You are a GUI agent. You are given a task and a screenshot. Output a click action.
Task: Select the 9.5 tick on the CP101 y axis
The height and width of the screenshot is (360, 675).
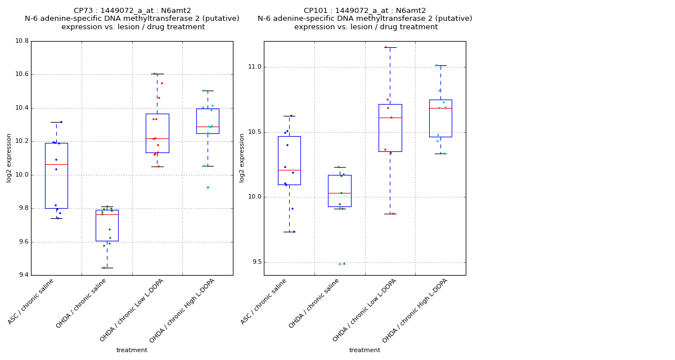(x=256, y=262)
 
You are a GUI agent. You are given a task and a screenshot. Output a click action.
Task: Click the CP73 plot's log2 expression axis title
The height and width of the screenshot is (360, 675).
(x=9, y=158)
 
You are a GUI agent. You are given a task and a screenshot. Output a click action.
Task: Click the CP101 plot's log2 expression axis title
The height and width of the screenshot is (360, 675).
(x=242, y=158)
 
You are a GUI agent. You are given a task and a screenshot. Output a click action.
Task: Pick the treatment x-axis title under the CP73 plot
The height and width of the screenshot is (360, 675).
(x=132, y=350)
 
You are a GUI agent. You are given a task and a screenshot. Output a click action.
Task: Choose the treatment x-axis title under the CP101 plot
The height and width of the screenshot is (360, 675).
(x=364, y=350)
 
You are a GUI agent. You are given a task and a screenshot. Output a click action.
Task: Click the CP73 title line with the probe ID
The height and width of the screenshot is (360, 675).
(x=132, y=11)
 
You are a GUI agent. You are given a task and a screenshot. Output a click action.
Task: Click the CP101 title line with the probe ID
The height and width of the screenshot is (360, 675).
(x=364, y=11)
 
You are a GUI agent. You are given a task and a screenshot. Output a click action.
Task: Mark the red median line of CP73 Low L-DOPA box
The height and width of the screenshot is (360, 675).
(x=157, y=138)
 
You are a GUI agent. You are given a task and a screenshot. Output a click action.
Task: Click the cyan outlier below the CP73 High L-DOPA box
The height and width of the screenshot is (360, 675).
(x=208, y=187)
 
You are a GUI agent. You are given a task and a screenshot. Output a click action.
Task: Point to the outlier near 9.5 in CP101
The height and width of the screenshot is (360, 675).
(x=340, y=264)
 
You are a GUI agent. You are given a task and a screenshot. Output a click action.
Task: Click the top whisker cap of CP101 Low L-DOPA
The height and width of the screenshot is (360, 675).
(x=390, y=47)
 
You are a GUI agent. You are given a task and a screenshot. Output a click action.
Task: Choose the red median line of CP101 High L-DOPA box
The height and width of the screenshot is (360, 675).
(x=440, y=108)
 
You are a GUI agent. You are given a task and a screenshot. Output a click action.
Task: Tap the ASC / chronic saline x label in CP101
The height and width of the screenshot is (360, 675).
(x=264, y=301)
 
